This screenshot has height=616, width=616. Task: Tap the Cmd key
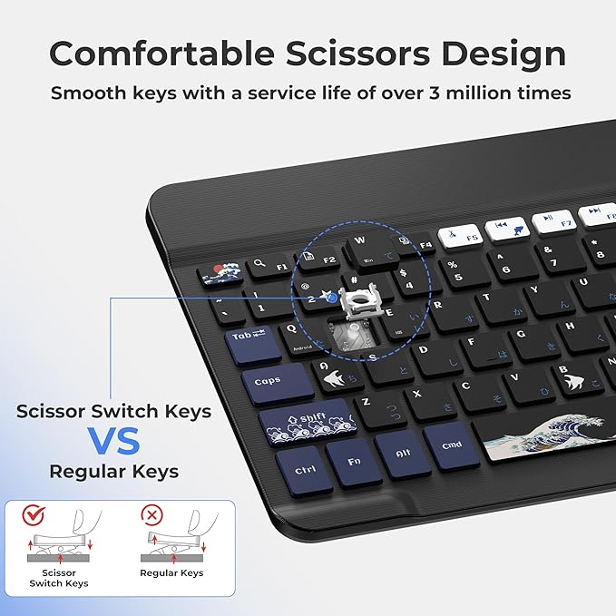point(451,444)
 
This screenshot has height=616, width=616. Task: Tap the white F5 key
point(459,237)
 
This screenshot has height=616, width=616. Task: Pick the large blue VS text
point(113,442)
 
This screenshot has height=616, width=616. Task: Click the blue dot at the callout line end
point(334,298)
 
